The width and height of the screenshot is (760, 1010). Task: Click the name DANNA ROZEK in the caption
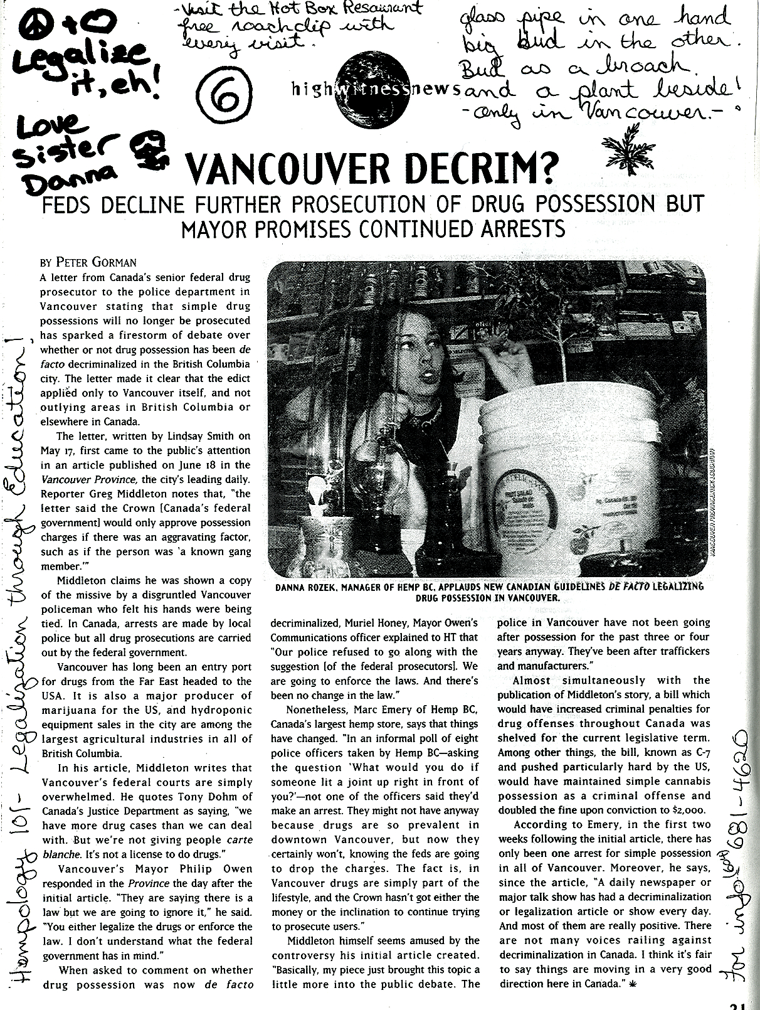coord(310,587)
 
